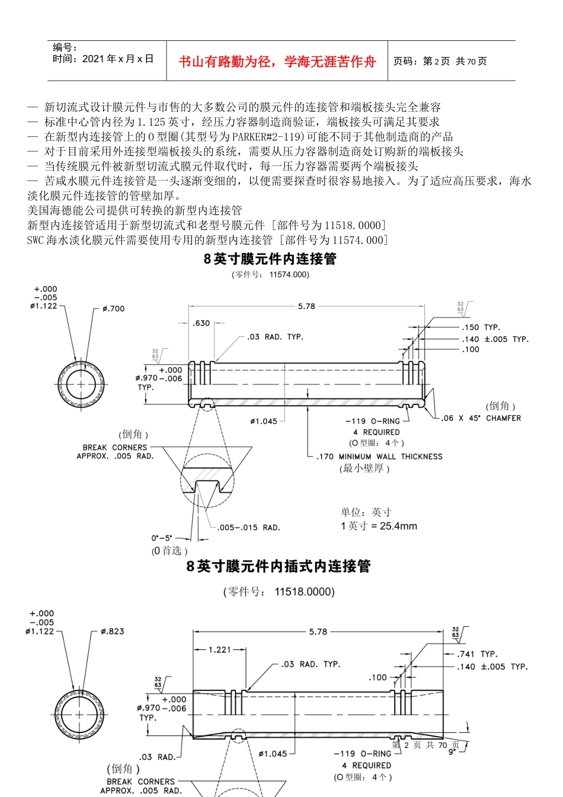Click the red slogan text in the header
coord(277,62)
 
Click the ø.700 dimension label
coord(113,309)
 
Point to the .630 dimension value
coord(201,323)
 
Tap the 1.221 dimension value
coord(220,650)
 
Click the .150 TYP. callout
coord(481,327)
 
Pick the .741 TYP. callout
coord(477,654)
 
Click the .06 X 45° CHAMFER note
coord(481,418)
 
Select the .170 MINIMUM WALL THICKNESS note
coord(379,457)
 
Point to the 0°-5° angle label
coord(161,538)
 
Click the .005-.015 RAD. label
coord(248,528)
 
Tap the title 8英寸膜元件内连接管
coord(270,259)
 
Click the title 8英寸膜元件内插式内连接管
coord(279,566)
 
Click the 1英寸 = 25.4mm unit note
coord(379,526)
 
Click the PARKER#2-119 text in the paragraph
coord(268,136)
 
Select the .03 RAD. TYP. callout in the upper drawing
coord(275,337)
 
